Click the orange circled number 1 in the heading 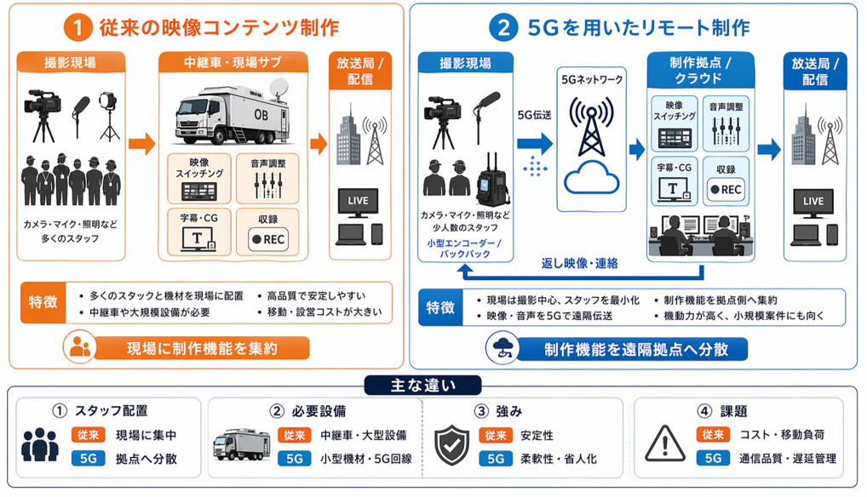[78, 27]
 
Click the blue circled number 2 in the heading [503, 27]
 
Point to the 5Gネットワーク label [592, 79]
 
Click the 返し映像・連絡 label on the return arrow [580, 264]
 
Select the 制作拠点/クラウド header [698, 70]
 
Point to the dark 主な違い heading [423, 386]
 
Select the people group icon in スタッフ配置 [40, 445]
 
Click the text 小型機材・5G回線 [367, 459]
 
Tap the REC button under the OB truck [267, 239]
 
